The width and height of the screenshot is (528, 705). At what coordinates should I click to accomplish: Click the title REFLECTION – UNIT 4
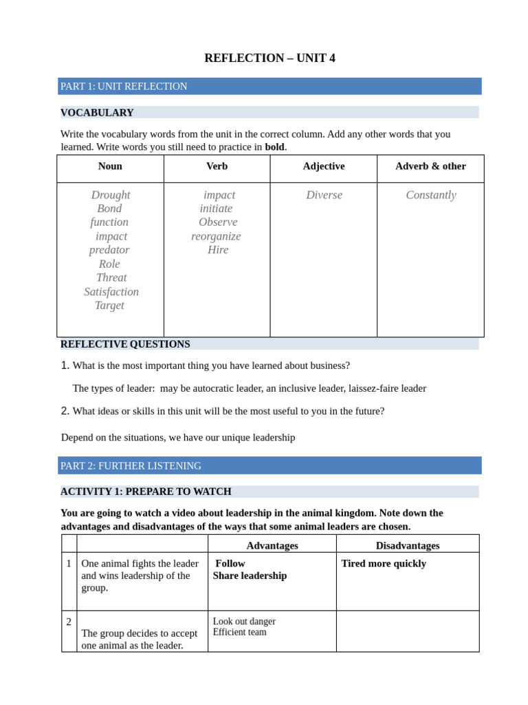point(269,59)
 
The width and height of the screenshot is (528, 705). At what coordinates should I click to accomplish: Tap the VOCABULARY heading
point(97,113)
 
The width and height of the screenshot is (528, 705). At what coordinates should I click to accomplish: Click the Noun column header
point(110,167)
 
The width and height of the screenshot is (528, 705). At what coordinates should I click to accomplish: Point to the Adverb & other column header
point(430,167)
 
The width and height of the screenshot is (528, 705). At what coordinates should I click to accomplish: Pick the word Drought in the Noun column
point(111,195)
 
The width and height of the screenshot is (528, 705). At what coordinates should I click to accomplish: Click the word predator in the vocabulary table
point(109,250)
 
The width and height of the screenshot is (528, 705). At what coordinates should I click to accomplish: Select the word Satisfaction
point(111,292)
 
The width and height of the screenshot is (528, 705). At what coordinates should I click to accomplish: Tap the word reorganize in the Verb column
point(216,236)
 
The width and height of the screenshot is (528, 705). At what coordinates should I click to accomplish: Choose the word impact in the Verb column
point(219,195)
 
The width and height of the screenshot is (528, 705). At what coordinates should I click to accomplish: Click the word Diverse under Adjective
point(324,195)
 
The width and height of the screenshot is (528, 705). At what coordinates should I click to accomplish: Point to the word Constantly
point(431,195)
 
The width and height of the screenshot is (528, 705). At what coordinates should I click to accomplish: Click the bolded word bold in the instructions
point(274,147)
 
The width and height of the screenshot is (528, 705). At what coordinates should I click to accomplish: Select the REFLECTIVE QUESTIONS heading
point(125,344)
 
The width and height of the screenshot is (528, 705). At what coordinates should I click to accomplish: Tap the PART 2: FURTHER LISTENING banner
point(131,466)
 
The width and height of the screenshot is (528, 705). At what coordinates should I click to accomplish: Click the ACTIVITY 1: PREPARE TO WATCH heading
point(146,492)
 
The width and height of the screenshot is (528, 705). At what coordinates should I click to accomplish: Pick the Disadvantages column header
point(408,546)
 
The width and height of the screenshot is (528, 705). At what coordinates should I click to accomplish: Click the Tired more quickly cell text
point(384,564)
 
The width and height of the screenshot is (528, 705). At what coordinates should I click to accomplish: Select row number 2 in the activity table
point(69,622)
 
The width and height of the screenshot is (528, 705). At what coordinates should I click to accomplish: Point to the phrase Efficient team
point(240,632)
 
